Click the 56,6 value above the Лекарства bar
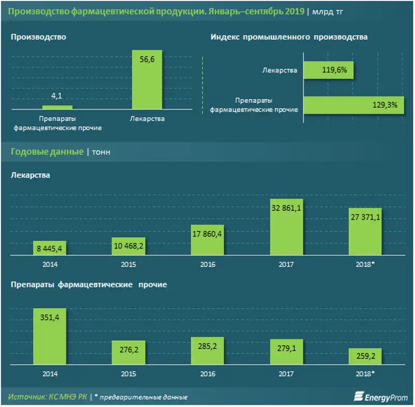[148, 60]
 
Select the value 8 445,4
[50, 249]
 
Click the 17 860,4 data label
[207, 233]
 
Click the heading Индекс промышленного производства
[289, 37]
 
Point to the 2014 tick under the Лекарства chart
[50, 264]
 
